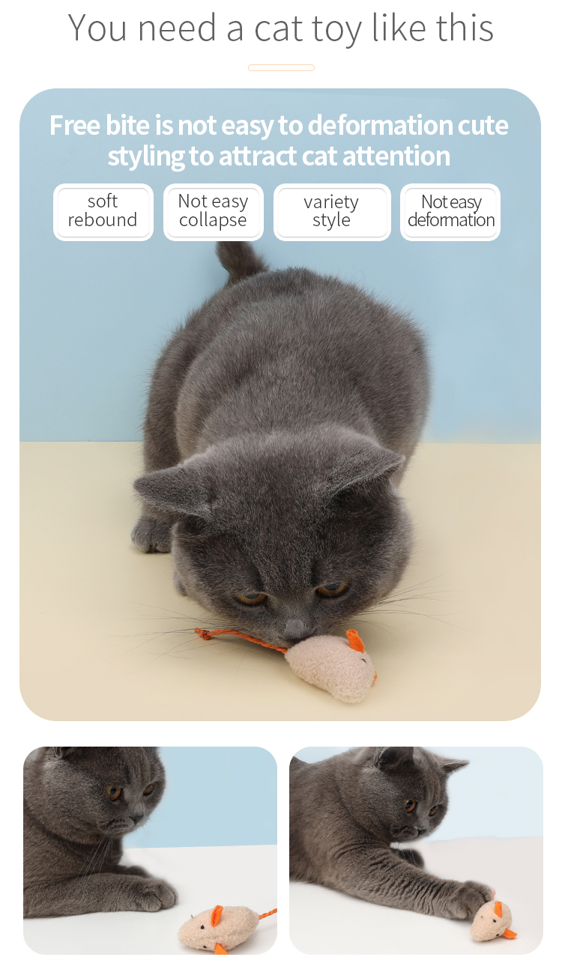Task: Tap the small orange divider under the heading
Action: (x=281, y=68)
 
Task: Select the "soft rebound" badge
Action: (x=103, y=212)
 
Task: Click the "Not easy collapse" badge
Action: (x=213, y=212)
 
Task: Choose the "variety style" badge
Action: (x=331, y=212)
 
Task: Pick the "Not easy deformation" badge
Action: (x=450, y=212)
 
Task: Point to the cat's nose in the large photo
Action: (x=298, y=628)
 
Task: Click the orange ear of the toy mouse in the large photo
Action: (x=355, y=641)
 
